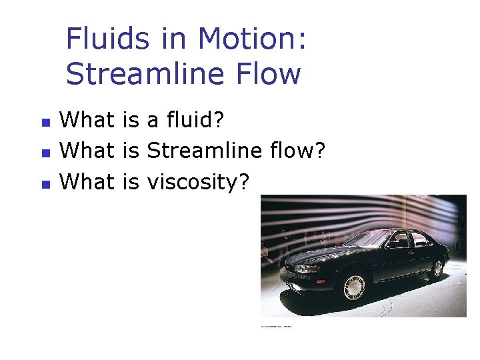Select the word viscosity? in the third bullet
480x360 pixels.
[197, 181]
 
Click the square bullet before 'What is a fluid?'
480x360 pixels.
[45, 123]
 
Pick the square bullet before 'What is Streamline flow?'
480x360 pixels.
[45, 153]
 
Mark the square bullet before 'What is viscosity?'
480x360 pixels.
[45, 183]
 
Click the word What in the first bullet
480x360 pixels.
[87, 121]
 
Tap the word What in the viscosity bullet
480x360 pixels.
[87, 181]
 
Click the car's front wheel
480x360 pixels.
[354, 287]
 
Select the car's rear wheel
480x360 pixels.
[437, 269]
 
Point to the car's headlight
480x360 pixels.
[307, 269]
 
